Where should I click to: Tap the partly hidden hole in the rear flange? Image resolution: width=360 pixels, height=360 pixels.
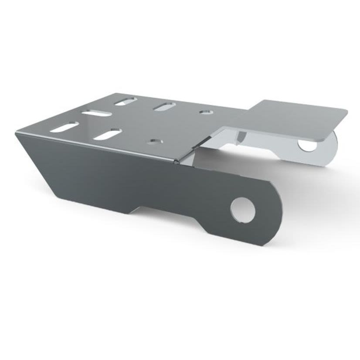point(309,144)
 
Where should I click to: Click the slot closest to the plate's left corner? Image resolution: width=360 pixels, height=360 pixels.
point(64,127)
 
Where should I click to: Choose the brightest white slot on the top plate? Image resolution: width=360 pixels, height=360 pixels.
point(96,113)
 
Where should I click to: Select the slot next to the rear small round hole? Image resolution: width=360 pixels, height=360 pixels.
point(164,106)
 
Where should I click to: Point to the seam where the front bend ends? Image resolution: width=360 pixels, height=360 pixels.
point(176,162)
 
